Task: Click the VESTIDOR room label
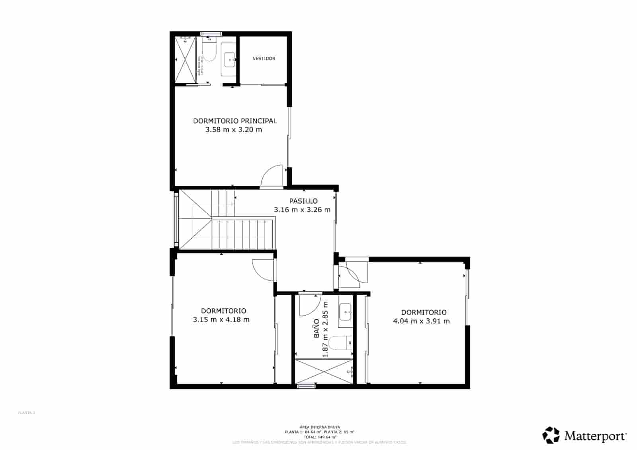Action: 264,58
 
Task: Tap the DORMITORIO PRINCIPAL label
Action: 235,121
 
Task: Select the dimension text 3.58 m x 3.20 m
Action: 234,130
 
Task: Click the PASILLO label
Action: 303,201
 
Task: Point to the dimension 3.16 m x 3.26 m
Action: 302,210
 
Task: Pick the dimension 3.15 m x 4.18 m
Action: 221,319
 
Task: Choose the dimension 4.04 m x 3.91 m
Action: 421,321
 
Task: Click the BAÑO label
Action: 317,329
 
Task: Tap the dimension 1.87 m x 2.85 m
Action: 326,329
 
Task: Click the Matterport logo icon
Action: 551,435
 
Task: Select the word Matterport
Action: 595,436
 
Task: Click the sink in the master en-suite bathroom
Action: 230,60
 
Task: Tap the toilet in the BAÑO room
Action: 342,342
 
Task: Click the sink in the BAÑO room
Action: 345,312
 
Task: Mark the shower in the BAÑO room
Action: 324,372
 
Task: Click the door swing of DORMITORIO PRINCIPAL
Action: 272,177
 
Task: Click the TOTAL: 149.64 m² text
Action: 319,437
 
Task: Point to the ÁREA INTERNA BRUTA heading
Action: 319,427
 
